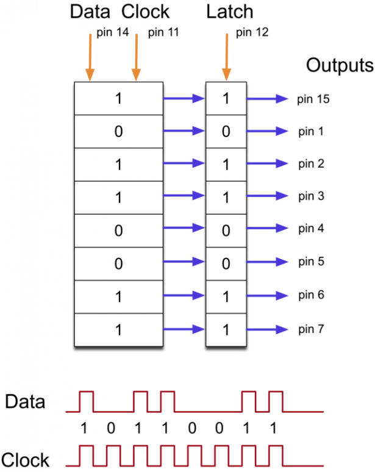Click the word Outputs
[x=339, y=65]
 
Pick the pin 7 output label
[x=311, y=329]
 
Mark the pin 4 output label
[x=311, y=229]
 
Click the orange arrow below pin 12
[x=226, y=58]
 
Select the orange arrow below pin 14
[x=90, y=58]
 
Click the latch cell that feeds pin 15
[x=226, y=98]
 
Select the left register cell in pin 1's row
[x=118, y=131]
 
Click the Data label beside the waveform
[x=25, y=402]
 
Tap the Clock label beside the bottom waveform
[x=26, y=459]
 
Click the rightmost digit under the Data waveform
[x=273, y=429]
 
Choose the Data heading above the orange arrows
[x=91, y=11]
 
